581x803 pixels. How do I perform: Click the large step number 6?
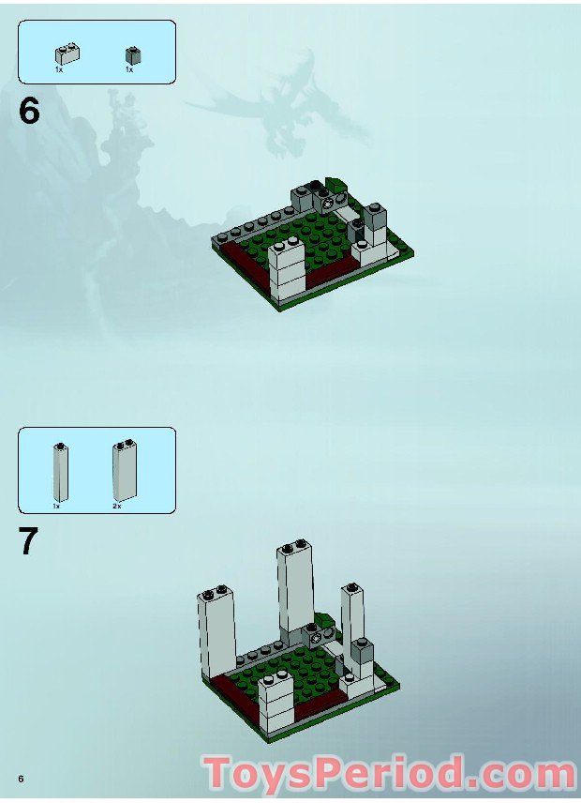coord(29,111)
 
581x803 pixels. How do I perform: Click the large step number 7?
coord(29,542)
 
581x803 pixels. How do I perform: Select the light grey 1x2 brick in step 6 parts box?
coord(67,54)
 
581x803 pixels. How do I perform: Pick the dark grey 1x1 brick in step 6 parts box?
coord(133,54)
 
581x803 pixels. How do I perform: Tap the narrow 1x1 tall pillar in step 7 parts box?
coord(60,471)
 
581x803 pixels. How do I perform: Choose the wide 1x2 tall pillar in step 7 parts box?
coord(124,470)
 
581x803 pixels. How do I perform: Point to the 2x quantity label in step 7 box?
coord(117,506)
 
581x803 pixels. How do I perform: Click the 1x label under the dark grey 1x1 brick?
coord(129,69)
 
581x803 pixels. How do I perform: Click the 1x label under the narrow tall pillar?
coord(56,506)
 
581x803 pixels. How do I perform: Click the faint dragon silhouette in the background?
coord(281,103)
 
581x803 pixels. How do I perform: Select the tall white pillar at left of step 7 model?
coord(216,635)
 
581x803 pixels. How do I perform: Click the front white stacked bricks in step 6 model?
coord(287,269)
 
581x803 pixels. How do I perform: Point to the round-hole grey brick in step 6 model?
coord(326,201)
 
